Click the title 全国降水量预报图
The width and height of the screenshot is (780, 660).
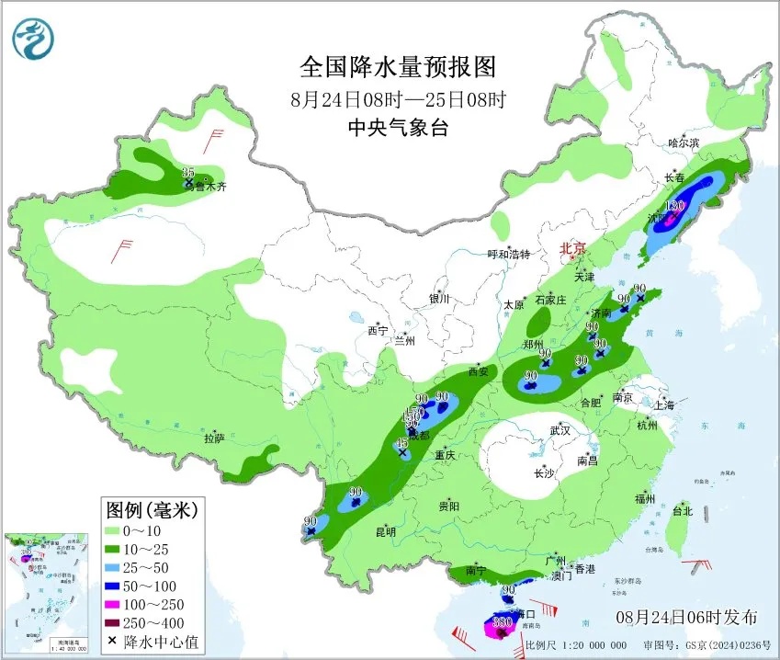[398, 68]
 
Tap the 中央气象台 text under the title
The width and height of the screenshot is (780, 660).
[398, 129]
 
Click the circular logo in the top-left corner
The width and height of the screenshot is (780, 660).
[34, 38]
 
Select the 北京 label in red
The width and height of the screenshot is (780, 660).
[573, 248]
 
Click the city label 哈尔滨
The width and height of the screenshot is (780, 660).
[684, 143]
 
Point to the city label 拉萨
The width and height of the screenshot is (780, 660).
[214, 439]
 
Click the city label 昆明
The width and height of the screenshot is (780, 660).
[385, 532]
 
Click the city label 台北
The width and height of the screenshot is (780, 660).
[682, 510]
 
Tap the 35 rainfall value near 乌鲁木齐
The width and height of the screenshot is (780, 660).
[188, 173]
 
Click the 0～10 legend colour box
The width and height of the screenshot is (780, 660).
[115, 530]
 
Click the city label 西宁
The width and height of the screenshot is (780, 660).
[379, 331]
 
